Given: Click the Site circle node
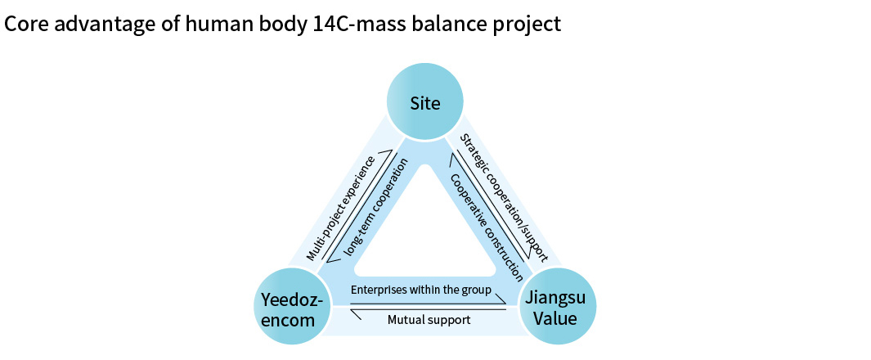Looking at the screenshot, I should click(x=425, y=103).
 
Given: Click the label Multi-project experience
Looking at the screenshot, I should click(x=340, y=208).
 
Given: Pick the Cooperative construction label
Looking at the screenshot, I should click(x=486, y=215).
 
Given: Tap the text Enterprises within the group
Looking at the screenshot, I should click(x=420, y=290).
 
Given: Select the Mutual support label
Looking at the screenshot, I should click(x=429, y=320).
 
